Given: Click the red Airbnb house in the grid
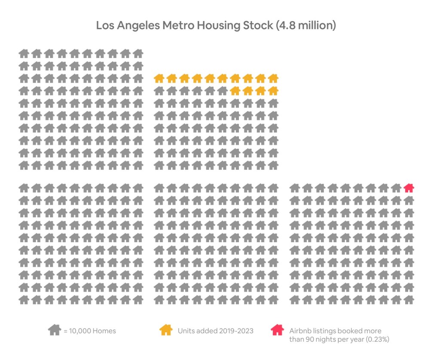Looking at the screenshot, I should point(409,188).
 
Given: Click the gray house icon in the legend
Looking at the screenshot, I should point(54,330).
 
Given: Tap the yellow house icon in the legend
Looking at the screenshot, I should point(166,330).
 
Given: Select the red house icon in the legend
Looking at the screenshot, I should point(278,330).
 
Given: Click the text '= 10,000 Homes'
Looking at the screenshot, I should point(89,331).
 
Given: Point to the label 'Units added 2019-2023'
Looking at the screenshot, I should point(215,331).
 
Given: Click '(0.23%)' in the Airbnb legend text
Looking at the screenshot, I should point(376,339).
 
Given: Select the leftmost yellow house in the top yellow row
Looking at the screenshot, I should point(159,78).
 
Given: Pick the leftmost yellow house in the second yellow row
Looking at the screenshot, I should point(235,91).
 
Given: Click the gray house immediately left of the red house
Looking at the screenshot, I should point(396,188).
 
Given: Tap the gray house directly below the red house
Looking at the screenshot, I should point(409,200).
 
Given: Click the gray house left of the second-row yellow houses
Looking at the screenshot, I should point(222,91).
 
